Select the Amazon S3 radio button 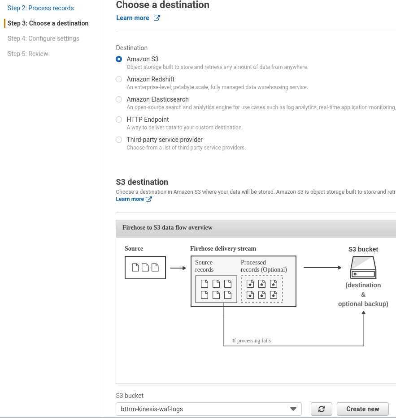[119, 59]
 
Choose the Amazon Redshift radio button [119, 79]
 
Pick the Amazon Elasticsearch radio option [119, 99]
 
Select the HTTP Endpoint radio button [119, 119]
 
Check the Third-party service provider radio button [119, 140]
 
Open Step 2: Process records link [41, 8]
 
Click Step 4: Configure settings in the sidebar [44, 38]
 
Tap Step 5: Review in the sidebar [28, 54]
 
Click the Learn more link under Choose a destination [138, 18]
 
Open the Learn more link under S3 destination [134, 199]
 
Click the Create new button [363, 409]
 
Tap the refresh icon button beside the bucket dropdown [322, 409]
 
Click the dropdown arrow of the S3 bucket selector [293, 409]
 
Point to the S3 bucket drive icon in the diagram [363, 267]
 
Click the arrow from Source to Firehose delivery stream [178, 268]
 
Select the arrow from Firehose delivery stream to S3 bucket [322, 267]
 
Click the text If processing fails [252, 341]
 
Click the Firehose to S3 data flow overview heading [167, 227]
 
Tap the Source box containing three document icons [145, 268]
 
